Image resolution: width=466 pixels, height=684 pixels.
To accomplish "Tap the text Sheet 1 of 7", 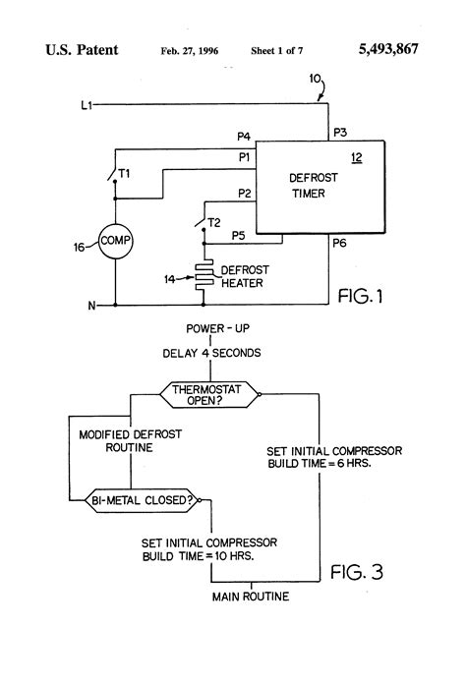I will [278, 49].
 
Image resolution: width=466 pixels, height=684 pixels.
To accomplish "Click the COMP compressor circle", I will [115, 240].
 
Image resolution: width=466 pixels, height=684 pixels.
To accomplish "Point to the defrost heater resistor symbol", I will [204, 277].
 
